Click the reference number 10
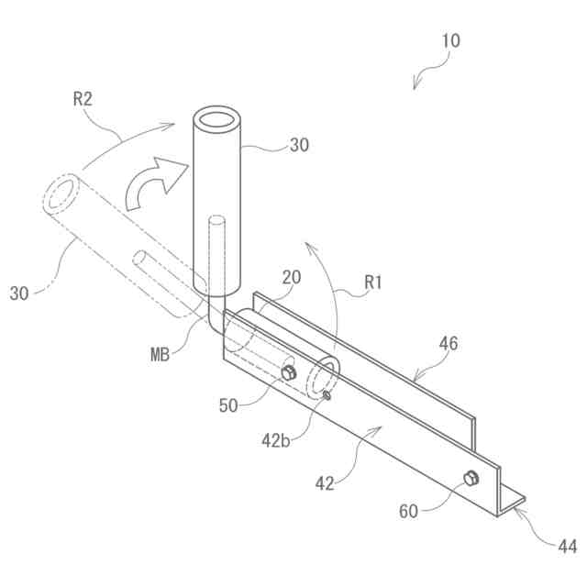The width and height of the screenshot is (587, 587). pos(450,41)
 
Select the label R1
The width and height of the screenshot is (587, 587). pos(372,284)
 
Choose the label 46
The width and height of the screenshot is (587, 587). pos(448,344)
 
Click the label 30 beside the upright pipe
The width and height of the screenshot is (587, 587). pos(299,144)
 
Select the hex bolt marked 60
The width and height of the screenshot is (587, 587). pos(471,478)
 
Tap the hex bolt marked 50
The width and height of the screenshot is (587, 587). pos(288,372)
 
